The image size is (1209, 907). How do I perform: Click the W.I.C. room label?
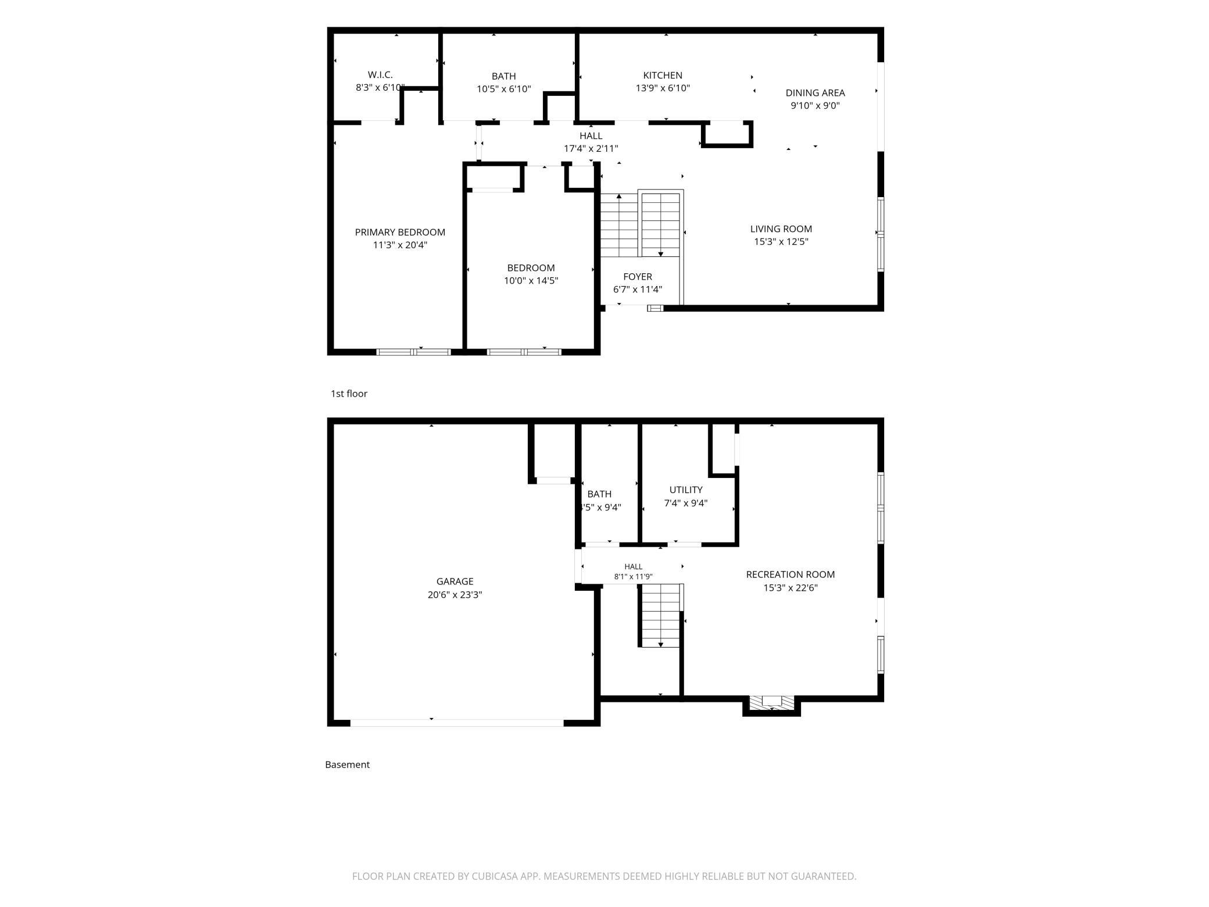[380, 75]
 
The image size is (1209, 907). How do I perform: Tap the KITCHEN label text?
[663, 76]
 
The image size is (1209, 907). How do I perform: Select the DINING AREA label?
[815, 93]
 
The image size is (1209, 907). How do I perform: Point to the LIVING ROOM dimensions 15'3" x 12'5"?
[781, 242]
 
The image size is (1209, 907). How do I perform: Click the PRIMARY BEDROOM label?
[400, 233]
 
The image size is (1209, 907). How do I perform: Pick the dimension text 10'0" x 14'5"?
[531, 281]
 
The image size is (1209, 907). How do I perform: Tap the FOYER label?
[638, 277]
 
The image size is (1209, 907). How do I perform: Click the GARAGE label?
[455, 581]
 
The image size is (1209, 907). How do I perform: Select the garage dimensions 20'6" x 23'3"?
[455, 595]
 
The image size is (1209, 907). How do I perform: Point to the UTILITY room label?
[686, 490]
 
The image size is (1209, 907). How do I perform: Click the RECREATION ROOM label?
[791, 574]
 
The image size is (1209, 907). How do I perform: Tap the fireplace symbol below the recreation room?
[772, 702]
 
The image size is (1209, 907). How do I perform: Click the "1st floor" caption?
[349, 394]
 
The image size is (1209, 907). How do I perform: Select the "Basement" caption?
[347, 765]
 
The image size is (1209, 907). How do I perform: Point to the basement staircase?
[660, 616]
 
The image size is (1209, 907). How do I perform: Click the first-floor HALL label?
[591, 136]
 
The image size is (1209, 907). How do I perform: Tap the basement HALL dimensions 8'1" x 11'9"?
[634, 577]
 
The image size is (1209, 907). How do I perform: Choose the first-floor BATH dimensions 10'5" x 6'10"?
[504, 90]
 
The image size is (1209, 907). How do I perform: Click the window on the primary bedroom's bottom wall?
[414, 352]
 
